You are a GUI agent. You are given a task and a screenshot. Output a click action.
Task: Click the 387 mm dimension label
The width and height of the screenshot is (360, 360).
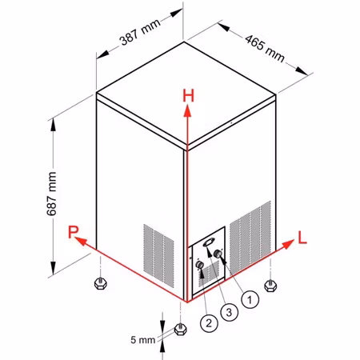141,32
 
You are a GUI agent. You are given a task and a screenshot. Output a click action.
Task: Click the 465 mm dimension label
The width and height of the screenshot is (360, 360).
265,49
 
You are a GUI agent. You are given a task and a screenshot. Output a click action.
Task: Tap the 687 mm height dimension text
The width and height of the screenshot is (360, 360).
51,194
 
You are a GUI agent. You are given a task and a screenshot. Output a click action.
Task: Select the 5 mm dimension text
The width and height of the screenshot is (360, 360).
142,340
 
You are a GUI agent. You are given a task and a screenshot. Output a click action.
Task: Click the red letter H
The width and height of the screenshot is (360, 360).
189,96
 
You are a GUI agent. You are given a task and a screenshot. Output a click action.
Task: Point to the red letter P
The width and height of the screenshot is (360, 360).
73,232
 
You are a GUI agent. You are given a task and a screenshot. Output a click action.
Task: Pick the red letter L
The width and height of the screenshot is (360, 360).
302,238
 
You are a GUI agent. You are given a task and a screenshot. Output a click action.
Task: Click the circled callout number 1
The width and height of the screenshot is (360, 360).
250,300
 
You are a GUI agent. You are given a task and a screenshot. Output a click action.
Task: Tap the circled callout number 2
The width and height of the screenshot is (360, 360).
209,323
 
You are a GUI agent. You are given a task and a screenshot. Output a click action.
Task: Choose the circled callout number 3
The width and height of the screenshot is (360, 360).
230,312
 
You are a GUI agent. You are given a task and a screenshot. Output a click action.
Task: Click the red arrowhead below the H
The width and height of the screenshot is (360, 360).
188,110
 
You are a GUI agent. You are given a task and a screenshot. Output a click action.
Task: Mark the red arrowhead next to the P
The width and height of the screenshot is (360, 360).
81,241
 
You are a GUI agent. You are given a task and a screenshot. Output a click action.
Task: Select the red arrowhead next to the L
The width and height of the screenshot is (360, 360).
288,244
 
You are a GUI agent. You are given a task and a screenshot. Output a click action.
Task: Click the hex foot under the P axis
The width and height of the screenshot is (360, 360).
101,283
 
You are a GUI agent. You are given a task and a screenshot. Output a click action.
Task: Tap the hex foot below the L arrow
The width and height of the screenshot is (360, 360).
270,286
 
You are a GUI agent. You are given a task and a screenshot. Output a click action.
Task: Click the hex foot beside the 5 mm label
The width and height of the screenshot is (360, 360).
181,330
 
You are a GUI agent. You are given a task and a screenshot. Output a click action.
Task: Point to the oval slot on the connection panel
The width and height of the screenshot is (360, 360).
208,242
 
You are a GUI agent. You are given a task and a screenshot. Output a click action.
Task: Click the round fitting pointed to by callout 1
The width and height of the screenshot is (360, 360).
218,254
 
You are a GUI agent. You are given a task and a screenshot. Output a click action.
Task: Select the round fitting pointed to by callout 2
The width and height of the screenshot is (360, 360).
200,265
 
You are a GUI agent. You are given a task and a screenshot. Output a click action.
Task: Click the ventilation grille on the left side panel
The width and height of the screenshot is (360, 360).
159,256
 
